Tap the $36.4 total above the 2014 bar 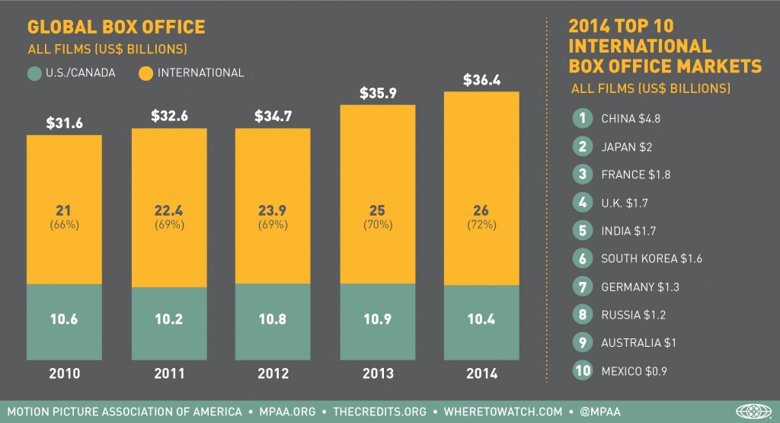pos(480,79)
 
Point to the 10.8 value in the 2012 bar pos(272,319)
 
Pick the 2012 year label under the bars pos(272,373)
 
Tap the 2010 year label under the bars pos(64,373)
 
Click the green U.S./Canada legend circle pos(34,74)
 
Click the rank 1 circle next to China pos(582,118)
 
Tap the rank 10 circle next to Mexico pos(582,371)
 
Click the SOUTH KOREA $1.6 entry pos(651,258)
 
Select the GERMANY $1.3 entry pos(640,287)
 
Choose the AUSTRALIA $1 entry pos(638,343)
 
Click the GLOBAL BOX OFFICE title pos(116,27)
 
